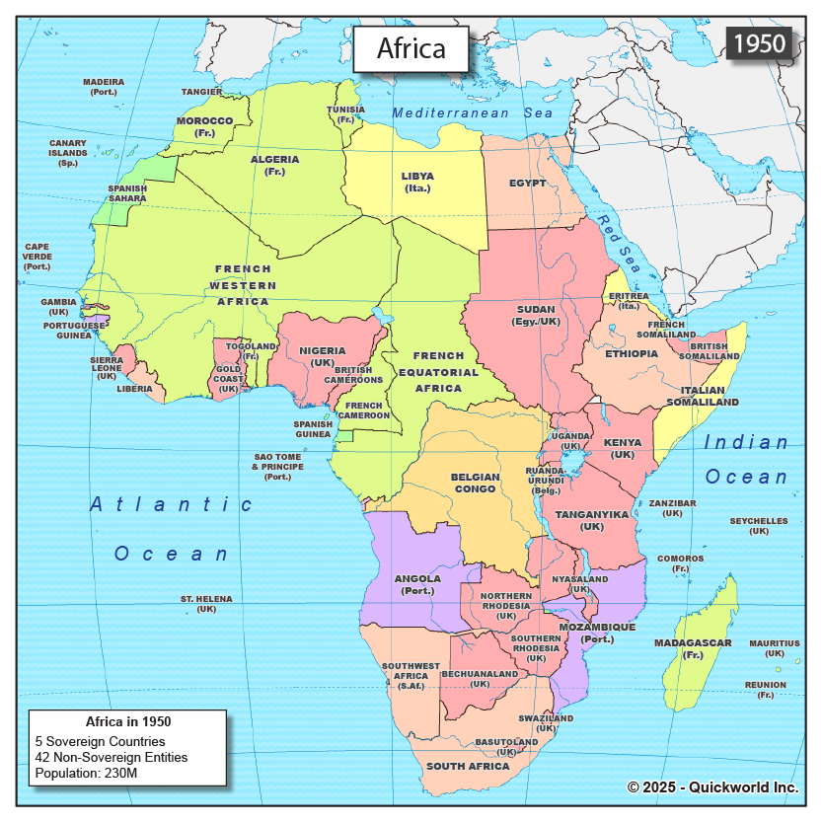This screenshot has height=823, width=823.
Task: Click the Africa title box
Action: pyautogui.click(x=411, y=48)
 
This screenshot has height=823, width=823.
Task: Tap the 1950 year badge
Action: pyautogui.click(x=759, y=42)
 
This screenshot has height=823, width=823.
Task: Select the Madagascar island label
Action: pyautogui.click(x=693, y=648)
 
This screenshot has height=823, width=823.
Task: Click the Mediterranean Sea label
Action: pyautogui.click(x=473, y=113)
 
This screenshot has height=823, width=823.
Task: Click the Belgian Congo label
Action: pyautogui.click(x=475, y=483)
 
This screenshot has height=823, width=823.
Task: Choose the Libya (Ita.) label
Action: pyautogui.click(x=416, y=183)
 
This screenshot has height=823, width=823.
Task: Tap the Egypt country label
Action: pyautogui.click(x=528, y=184)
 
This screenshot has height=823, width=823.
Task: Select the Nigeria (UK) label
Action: pyautogui.click(x=322, y=356)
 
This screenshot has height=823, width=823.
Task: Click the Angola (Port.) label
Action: pyautogui.click(x=416, y=584)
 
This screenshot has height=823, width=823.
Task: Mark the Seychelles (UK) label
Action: pyautogui.click(x=758, y=526)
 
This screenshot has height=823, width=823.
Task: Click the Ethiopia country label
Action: pyautogui.click(x=632, y=353)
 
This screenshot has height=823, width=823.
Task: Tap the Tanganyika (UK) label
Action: pyautogui.click(x=592, y=520)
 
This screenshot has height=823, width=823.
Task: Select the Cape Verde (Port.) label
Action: pyautogui.click(x=37, y=257)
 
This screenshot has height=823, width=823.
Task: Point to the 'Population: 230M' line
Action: pyautogui.click(x=86, y=773)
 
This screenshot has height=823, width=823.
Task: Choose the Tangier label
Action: pyautogui.click(x=202, y=92)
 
